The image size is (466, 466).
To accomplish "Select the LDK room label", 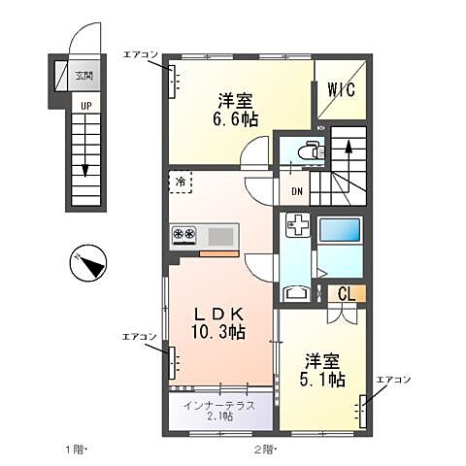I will point(221,315).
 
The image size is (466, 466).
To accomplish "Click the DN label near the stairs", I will point(296,190).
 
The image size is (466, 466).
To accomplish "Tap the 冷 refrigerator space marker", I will point(181,181).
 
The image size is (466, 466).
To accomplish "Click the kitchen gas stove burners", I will point(183,234).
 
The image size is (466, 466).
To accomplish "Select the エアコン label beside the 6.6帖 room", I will point(140,55).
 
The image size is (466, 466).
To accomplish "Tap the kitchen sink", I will point(220,234).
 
